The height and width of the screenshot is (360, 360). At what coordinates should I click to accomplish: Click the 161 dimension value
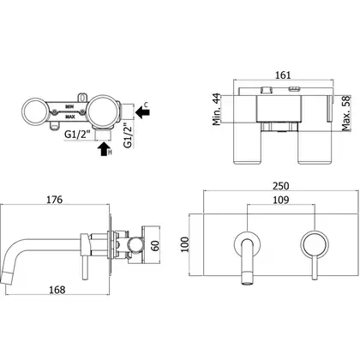point(283,75)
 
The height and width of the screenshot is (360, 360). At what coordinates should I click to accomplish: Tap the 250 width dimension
point(280,186)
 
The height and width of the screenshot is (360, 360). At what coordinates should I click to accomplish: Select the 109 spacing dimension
point(280,200)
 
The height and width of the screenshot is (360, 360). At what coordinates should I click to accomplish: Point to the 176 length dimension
point(54,200)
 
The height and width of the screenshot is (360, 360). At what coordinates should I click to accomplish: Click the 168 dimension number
point(57,290)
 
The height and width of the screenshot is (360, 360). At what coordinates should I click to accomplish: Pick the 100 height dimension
point(185,244)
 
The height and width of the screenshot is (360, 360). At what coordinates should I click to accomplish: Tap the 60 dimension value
point(155,246)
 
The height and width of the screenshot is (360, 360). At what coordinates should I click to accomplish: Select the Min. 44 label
point(217,109)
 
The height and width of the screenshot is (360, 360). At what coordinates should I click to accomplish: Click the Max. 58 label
point(346,113)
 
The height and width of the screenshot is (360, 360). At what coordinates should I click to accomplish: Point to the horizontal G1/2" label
point(78,134)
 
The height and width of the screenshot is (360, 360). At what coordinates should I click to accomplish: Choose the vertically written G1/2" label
point(129,135)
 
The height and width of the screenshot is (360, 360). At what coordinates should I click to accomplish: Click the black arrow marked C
point(142,112)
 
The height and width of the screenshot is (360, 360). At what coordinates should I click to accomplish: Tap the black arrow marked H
point(104,149)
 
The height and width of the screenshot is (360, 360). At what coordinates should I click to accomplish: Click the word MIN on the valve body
point(69,106)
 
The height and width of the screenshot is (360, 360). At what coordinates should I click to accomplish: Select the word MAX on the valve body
point(69,117)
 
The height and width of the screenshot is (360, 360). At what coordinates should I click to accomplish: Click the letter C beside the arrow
point(146,105)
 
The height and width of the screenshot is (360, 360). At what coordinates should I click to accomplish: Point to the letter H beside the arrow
point(110,153)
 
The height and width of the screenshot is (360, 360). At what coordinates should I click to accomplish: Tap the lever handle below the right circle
point(315,267)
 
